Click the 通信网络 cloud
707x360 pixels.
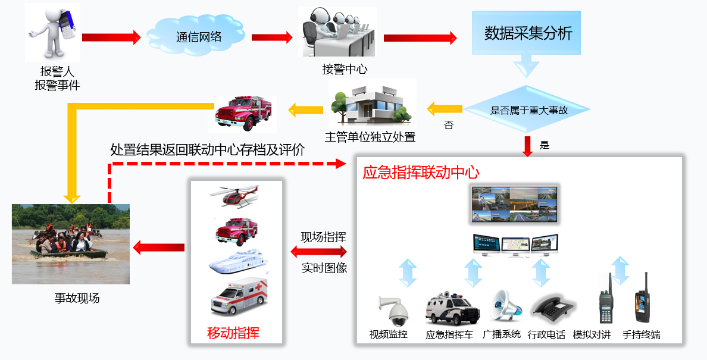tap(198, 36)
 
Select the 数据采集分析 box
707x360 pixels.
tap(527, 33)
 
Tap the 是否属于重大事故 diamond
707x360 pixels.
tap(528, 110)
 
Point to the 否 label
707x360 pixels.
tap(449, 125)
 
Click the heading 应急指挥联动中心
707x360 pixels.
tap(421, 173)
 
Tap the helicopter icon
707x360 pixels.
tap(236, 196)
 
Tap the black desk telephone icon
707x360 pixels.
tap(552, 307)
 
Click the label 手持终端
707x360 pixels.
tap(641, 334)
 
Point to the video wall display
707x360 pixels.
tap(515, 204)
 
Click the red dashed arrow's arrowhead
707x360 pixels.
tap(340, 163)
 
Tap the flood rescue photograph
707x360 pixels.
tap(71, 244)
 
